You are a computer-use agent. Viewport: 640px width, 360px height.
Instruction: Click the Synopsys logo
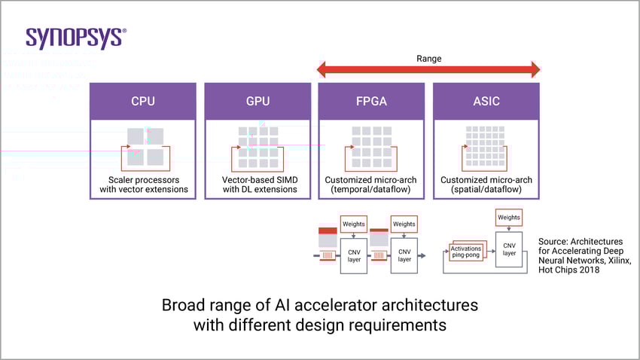coord(76,38)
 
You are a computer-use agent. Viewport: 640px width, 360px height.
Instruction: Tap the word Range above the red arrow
coord(428,58)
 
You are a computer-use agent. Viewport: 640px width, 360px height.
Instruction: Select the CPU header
coord(143,101)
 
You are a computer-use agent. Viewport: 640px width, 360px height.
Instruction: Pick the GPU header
coord(258,101)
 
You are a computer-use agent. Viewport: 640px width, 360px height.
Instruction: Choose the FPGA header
coord(371,101)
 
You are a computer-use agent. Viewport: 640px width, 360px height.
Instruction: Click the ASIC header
coord(486,101)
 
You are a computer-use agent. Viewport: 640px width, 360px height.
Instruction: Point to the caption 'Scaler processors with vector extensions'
coord(143,185)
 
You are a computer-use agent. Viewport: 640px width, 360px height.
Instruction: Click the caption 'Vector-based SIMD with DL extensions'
coord(258,185)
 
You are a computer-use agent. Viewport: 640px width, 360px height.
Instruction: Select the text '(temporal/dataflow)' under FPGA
coord(371,190)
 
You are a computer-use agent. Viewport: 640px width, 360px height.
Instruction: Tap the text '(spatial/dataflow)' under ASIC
coord(486,190)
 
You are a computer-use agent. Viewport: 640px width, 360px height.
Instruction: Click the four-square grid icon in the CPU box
coord(145,147)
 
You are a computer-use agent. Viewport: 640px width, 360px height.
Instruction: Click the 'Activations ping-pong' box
coord(467,252)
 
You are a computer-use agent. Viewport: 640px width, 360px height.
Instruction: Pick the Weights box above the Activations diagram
coord(509,218)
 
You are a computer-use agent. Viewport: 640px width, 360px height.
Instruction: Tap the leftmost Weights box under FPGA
coord(353,224)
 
